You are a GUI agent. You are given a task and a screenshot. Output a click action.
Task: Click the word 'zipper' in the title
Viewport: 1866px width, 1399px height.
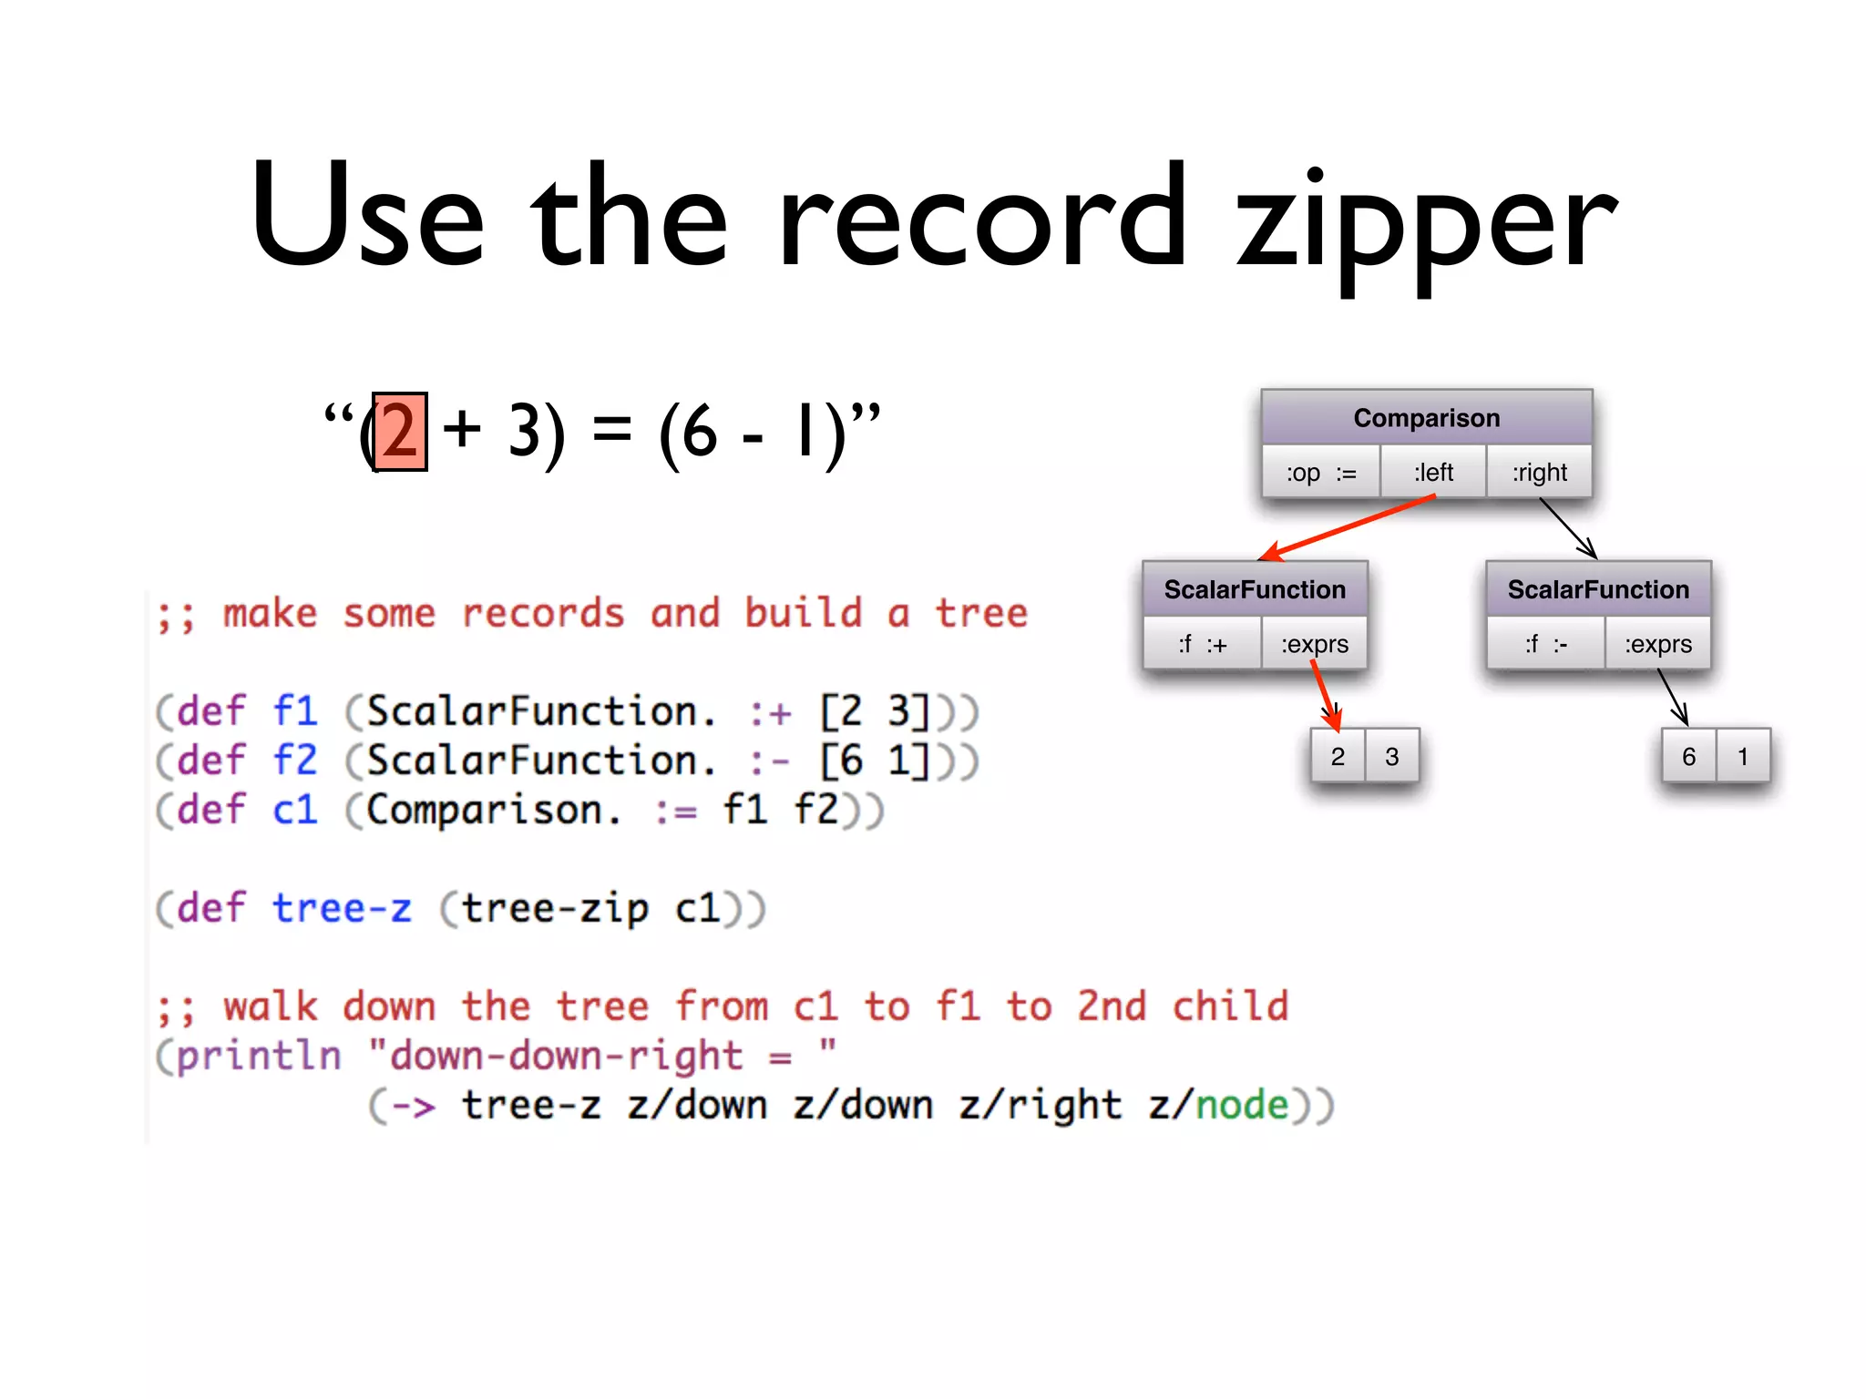pos(1426,223)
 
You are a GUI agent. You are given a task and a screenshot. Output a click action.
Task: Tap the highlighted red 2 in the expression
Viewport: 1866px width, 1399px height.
pos(400,432)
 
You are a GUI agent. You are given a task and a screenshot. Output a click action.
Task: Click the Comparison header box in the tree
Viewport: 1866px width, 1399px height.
pos(1426,418)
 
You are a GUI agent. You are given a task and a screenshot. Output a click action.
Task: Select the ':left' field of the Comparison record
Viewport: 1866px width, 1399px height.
pos(1433,473)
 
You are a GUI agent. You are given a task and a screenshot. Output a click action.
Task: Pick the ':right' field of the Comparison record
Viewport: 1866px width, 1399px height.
pos(1539,473)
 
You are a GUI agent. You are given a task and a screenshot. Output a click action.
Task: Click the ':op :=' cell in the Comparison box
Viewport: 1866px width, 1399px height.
pos(1321,473)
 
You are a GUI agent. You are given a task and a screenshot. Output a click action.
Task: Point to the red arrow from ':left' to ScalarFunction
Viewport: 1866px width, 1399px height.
pos(1348,527)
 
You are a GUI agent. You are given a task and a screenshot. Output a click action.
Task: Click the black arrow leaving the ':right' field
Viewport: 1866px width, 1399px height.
pos(1568,528)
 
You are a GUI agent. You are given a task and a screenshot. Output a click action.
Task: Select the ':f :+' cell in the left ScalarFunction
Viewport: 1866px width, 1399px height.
pos(1202,644)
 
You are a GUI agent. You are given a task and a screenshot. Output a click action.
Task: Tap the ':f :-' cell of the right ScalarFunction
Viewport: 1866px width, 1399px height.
pos(1545,644)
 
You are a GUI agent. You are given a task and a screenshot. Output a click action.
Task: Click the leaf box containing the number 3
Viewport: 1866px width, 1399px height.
pos(1391,756)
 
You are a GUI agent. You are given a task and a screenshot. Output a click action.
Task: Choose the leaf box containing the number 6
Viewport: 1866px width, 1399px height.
pos(1688,756)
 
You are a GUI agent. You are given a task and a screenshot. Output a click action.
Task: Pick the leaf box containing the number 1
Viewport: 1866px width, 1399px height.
pos(1742,756)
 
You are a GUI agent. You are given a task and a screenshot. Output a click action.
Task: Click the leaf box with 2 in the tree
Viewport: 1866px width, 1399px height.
pos(1338,756)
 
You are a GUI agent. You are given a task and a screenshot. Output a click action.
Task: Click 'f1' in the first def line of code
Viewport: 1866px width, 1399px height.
pos(295,710)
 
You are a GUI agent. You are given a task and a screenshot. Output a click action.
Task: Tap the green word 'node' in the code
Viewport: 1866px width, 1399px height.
pos(1242,1105)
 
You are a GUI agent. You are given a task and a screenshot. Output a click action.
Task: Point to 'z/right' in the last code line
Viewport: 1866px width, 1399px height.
pos(1040,1105)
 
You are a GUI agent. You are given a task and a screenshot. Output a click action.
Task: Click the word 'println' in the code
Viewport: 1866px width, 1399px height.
pos(259,1056)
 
